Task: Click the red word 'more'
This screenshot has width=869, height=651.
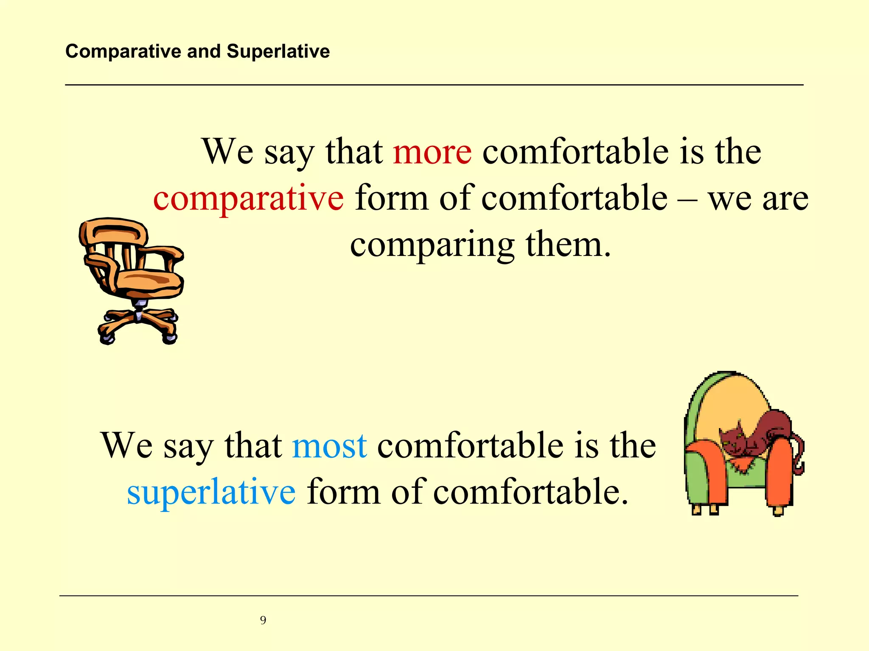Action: click(x=432, y=153)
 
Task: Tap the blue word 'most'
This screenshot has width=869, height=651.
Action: click(x=329, y=446)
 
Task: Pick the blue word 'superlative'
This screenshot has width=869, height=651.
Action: click(x=211, y=492)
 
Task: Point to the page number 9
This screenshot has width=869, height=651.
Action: click(x=263, y=620)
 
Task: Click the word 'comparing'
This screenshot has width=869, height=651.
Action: click(x=432, y=246)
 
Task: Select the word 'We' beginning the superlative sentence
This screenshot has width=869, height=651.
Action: click(x=126, y=446)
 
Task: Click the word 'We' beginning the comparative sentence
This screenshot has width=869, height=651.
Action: click(x=227, y=153)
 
